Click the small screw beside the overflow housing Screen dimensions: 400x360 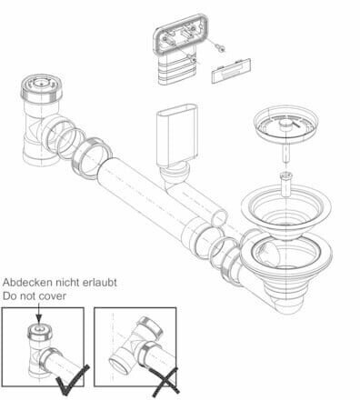pyautogui.click(x=221, y=43)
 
